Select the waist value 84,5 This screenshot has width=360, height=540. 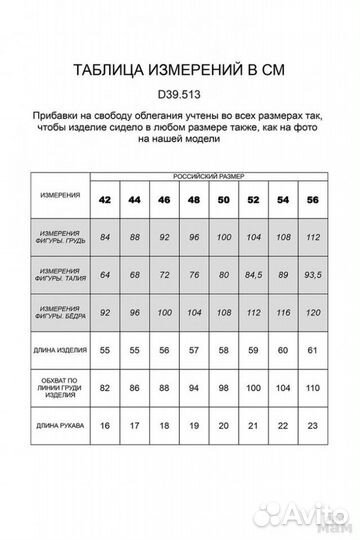(x=251, y=274)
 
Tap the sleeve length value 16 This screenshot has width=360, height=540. (x=105, y=425)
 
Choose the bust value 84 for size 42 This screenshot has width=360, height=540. (x=105, y=236)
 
